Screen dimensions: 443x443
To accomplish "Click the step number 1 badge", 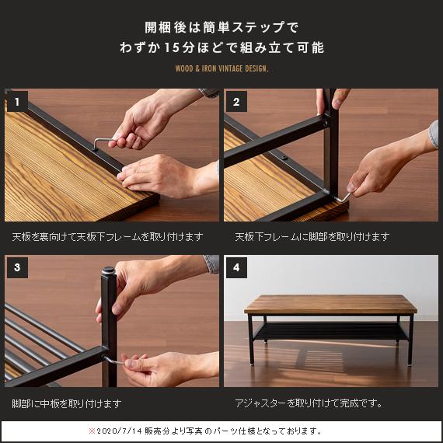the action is [17, 102].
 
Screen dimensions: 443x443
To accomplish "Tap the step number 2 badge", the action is [236, 102].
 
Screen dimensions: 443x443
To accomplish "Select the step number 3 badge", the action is [17, 267].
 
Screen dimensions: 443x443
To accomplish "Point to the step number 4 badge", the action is [236, 267].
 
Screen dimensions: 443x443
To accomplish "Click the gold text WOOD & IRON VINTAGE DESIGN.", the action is [221, 68].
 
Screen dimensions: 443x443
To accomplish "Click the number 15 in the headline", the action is [172, 47].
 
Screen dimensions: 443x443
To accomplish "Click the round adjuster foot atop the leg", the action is [109, 271].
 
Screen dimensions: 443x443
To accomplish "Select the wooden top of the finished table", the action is [330, 305].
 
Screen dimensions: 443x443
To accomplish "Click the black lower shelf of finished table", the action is [330, 330].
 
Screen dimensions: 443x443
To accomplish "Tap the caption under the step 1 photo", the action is [108, 237].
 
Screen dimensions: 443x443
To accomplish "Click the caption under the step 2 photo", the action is [312, 237].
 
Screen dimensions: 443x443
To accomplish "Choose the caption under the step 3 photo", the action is [67, 403].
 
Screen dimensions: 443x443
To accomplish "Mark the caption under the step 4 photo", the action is [309, 403].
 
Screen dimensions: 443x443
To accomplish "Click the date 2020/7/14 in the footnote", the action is [119, 431].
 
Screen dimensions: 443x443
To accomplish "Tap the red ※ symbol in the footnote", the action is [92, 431].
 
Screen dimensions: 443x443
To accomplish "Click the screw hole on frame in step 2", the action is [284, 157].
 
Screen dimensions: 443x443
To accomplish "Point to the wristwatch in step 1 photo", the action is [209, 93].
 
